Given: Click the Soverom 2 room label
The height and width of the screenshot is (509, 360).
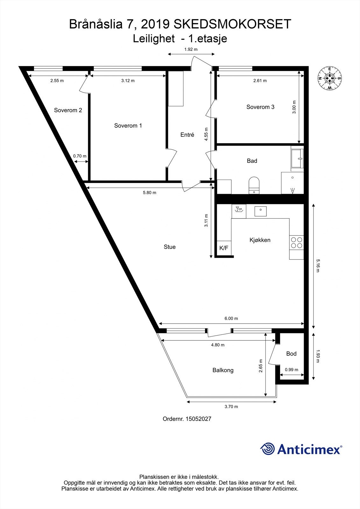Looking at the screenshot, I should point(68,110).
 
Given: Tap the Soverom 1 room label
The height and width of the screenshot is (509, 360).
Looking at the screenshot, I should point(128,126).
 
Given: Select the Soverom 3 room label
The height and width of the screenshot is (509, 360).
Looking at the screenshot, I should point(260,107).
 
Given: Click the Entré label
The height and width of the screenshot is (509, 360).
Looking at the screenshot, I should point(187,135).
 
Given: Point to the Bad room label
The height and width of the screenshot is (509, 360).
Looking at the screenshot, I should point(252,161).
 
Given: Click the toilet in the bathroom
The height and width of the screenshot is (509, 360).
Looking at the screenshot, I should point(254,185).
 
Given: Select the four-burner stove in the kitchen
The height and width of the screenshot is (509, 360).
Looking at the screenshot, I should point(297,243).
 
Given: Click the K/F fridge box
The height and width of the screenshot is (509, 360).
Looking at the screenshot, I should point(224,248).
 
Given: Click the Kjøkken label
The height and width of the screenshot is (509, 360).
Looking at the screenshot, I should point(260,240).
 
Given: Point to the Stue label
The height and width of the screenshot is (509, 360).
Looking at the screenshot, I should point(170,247).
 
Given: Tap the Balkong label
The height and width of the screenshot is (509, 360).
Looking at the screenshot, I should point(223,370).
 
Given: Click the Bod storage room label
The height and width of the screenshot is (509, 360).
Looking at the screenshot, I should point(291,354).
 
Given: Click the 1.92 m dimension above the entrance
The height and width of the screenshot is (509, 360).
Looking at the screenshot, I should point(191,49).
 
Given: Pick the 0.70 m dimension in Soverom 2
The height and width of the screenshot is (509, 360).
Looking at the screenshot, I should point(80,156).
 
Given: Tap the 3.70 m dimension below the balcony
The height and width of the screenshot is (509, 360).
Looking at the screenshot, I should point(231,407).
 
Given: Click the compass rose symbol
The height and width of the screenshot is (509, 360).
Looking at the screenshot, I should point(330,78).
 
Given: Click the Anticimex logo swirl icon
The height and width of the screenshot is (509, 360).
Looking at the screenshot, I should point(268,449).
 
